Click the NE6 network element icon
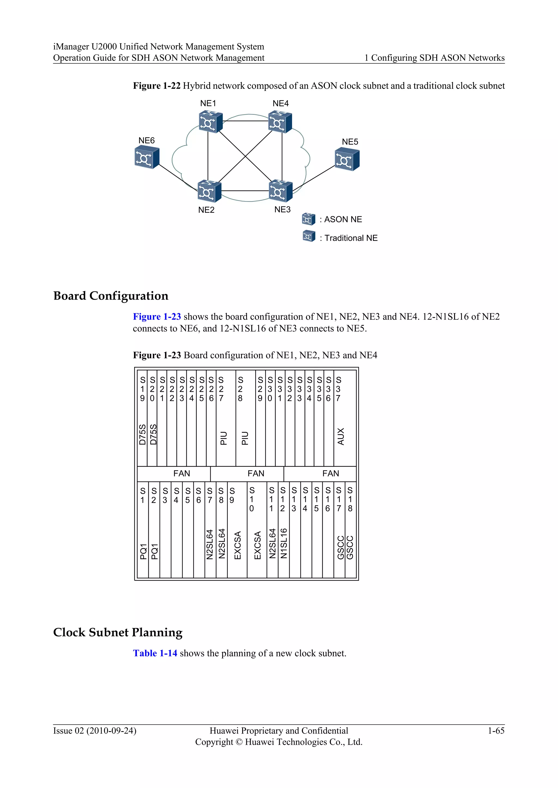pyautogui.click(x=147, y=157)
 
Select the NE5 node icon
pyautogui.click(x=347, y=159)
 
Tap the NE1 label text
pyautogui.click(x=208, y=103)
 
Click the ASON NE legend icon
pyautogui.click(x=308, y=219)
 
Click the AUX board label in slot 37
pyautogui.click(x=341, y=436)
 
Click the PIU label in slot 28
pyautogui.click(x=245, y=438)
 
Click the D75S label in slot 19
pyautogui.click(x=142, y=435)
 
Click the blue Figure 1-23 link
pyautogui.click(x=157, y=316)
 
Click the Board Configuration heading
pyautogui.click(x=111, y=296)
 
